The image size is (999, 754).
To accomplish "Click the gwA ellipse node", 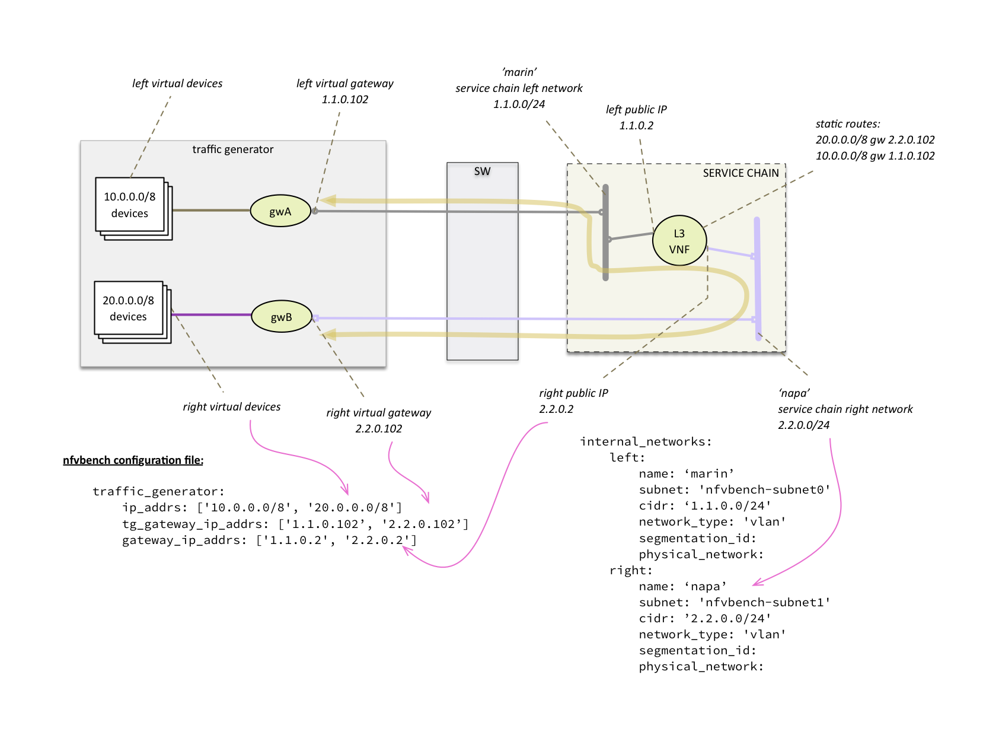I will (x=280, y=211).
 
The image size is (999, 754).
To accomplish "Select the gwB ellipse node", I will (x=282, y=317).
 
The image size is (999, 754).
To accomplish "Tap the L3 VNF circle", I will (x=679, y=241).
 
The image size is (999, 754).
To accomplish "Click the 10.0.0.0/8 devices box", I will (x=130, y=205).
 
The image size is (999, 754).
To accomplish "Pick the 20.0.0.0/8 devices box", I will (x=129, y=308).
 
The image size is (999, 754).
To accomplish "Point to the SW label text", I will (x=482, y=171).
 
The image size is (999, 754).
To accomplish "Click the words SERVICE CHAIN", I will (x=741, y=173).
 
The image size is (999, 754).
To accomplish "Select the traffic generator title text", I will (x=232, y=149).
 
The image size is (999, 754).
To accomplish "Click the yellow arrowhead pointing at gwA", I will (x=328, y=201).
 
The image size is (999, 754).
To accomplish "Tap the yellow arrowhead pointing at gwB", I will (x=328, y=335).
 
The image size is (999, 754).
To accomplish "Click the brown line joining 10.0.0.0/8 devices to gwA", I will (x=211, y=210).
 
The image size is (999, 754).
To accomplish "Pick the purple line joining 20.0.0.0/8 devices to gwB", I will (x=211, y=314).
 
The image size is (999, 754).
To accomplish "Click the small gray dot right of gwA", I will (x=315, y=211).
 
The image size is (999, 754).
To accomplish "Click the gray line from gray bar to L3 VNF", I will (x=631, y=236).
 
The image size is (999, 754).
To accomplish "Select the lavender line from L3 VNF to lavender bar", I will (x=730, y=252).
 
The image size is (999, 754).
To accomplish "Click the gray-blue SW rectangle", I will (x=482, y=267).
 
